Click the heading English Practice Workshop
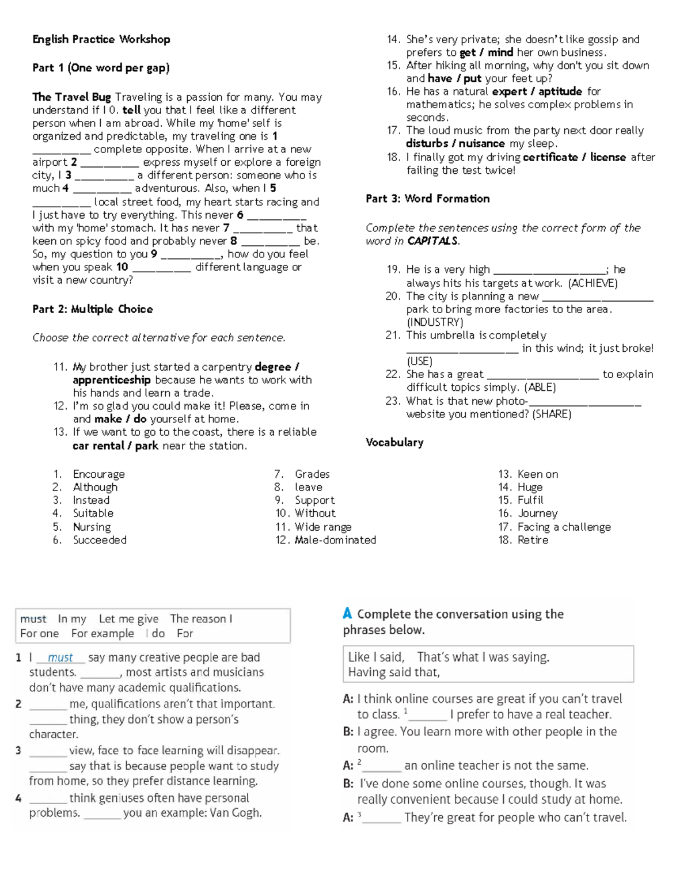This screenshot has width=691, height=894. click(101, 40)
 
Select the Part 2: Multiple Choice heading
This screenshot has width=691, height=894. click(93, 309)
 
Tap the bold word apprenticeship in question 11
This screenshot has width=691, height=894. click(112, 380)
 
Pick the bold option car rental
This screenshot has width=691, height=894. click(98, 446)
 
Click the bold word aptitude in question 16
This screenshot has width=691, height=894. click(560, 92)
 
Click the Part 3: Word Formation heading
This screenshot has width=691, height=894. click(428, 199)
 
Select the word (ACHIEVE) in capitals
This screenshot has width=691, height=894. click(593, 283)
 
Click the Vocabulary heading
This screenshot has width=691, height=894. click(394, 443)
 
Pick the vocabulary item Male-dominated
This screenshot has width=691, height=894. click(335, 540)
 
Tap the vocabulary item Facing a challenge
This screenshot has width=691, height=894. click(564, 527)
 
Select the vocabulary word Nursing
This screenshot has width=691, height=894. click(92, 527)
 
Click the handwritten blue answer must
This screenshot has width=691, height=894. click(60, 657)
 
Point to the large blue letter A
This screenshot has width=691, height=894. click(347, 614)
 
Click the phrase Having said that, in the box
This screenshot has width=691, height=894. click(394, 672)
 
